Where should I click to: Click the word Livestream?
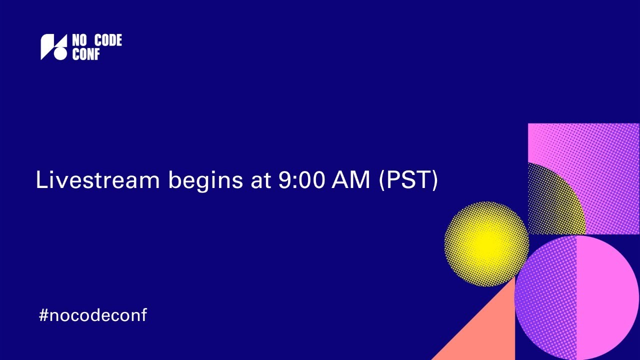(97, 179)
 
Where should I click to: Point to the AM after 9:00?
(351, 179)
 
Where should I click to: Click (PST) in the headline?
(408, 180)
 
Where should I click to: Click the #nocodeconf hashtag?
(93, 315)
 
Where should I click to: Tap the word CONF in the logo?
(86, 54)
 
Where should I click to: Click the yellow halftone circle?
(486, 243)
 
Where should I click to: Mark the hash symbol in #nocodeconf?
(43, 315)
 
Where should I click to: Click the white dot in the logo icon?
(60, 53)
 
